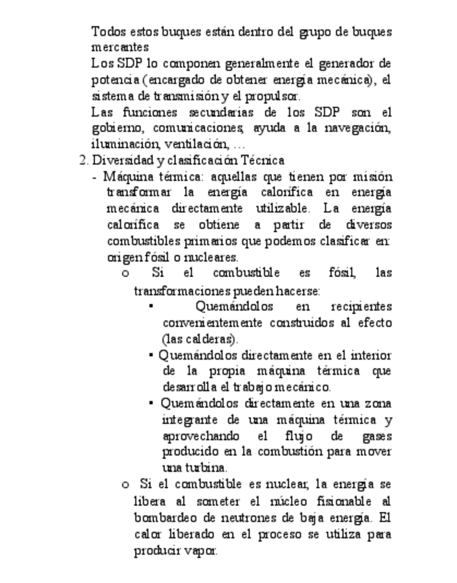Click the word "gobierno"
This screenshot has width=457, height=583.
(115, 129)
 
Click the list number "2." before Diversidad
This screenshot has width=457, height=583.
(84, 161)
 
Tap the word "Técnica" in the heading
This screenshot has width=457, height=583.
(262, 161)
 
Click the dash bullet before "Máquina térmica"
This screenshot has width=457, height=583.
(94, 177)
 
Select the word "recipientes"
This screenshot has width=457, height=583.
(361, 307)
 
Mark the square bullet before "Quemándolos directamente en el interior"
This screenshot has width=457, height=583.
(151, 355)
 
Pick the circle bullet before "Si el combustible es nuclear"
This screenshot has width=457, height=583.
(125, 484)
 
